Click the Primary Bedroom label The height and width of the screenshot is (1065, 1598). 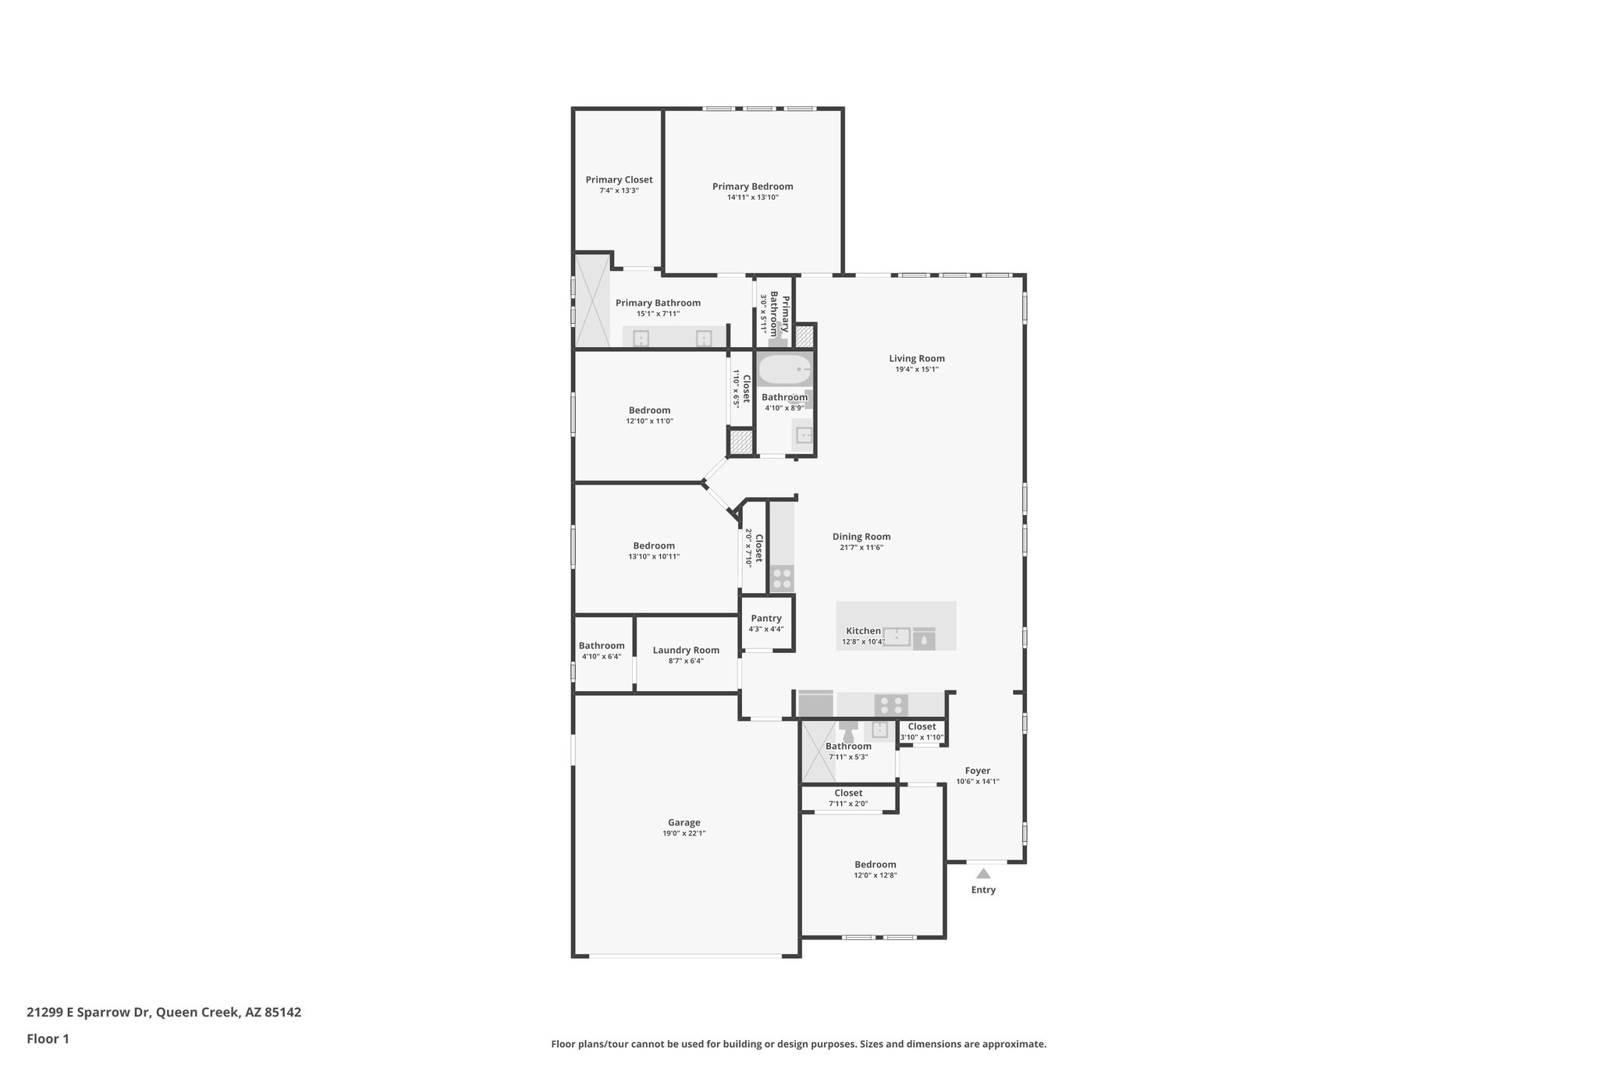(x=752, y=186)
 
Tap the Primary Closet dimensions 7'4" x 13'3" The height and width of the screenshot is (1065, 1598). (x=619, y=190)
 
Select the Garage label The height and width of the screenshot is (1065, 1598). (x=684, y=822)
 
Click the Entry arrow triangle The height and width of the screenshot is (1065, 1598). (x=983, y=873)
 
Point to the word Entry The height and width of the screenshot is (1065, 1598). (x=983, y=889)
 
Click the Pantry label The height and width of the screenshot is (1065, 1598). (x=766, y=618)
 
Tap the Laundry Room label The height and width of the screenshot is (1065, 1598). (x=686, y=650)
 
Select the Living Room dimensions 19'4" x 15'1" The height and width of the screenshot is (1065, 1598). (x=917, y=370)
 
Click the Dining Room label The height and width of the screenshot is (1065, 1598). (x=861, y=536)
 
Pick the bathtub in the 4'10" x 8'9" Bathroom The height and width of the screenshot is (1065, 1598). (x=785, y=371)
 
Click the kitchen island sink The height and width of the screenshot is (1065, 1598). (x=897, y=637)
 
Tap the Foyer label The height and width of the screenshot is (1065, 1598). (x=978, y=770)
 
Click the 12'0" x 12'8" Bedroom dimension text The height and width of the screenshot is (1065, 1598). (x=875, y=875)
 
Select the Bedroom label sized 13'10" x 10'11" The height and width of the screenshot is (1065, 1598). (x=654, y=545)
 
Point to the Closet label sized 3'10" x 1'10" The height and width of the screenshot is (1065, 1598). (x=922, y=726)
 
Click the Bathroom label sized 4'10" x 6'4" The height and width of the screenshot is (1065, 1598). (x=602, y=645)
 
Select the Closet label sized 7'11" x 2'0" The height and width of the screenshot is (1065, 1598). (x=848, y=793)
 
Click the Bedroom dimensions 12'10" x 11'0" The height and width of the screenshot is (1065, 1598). (x=649, y=421)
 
